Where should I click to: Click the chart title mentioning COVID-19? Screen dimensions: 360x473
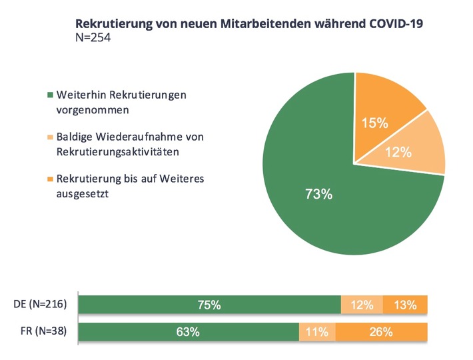(x=250, y=23)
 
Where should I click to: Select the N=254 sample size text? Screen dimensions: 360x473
(x=94, y=38)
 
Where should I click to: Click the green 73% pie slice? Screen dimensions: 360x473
(x=320, y=200)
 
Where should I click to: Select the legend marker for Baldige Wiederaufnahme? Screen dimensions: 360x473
(x=51, y=137)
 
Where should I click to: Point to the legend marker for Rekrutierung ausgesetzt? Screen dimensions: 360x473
(x=51, y=179)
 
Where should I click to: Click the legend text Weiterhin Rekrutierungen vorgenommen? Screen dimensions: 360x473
(x=120, y=101)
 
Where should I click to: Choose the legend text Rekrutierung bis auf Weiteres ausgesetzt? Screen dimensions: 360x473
(x=127, y=185)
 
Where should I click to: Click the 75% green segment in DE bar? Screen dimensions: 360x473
(x=209, y=305)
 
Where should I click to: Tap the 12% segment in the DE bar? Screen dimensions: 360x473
(x=362, y=305)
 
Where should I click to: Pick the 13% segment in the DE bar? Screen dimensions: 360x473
(x=405, y=305)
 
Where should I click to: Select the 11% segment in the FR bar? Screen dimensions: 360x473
(x=317, y=331)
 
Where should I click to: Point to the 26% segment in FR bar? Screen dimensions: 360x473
(x=382, y=331)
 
